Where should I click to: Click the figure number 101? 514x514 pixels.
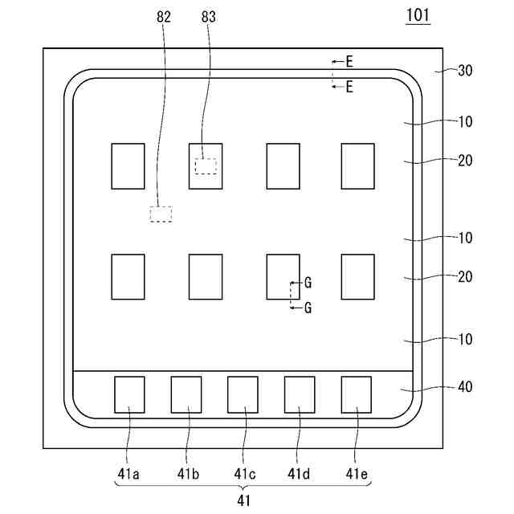[x=418, y=15]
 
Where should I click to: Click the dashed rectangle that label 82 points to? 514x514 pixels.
[x=161, y=214]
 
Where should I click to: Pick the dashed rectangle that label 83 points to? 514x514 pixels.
[x=206, y=165]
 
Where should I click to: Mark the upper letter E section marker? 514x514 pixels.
[x=349, y=60]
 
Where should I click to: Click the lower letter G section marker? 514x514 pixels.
[x=308, y=307]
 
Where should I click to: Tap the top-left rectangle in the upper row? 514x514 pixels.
[x=128, y=166]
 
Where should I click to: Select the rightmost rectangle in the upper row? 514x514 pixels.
[x=357, y=166]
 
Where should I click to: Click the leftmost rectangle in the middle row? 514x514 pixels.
[x=128, y=277]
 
